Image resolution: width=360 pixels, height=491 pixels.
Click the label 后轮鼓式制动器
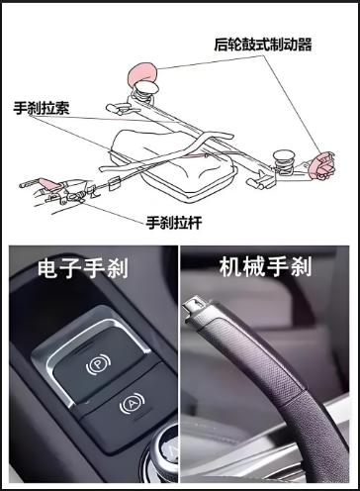[263, 45]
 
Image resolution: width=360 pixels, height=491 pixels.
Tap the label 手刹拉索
[42, 108]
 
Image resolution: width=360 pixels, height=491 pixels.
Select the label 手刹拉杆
[174, 223]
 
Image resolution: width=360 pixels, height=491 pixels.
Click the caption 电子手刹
[83, 267]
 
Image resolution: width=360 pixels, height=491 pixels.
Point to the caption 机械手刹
[265, 266]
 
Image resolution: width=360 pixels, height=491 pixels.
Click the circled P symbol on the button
[98, 364]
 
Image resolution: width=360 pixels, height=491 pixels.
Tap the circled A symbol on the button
[132, 403]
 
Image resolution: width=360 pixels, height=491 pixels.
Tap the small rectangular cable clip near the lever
[113, 183]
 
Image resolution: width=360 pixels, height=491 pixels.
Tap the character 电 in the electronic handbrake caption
[48, 267]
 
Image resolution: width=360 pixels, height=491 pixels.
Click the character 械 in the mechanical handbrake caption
[254, 266]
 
